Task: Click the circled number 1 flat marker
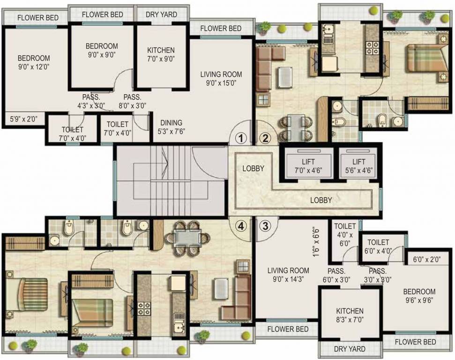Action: pos(240,138)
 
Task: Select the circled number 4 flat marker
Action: pos(241,226)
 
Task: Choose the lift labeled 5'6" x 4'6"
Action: pos(358,165)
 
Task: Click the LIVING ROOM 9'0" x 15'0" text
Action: pos(221,79)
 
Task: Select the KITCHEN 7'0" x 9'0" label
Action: pos(161,54)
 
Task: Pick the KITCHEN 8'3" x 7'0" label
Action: pos(350,315)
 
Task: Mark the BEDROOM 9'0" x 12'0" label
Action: pos(34,62)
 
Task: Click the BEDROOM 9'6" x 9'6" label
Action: pos(419,296)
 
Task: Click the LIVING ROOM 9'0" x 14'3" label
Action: pos(288,275)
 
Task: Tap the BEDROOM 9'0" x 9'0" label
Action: pos(102,50)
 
